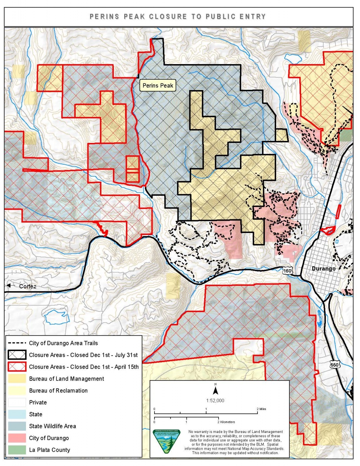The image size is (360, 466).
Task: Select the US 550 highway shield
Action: pos(334,365)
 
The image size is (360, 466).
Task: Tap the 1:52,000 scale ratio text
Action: pos(215,400)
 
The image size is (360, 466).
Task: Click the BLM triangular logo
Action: pos(167,441)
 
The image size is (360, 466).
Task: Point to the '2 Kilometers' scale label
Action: pos(226,422)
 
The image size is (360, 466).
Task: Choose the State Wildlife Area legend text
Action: pos(52,426)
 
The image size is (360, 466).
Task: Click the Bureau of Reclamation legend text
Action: pos(58,390)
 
